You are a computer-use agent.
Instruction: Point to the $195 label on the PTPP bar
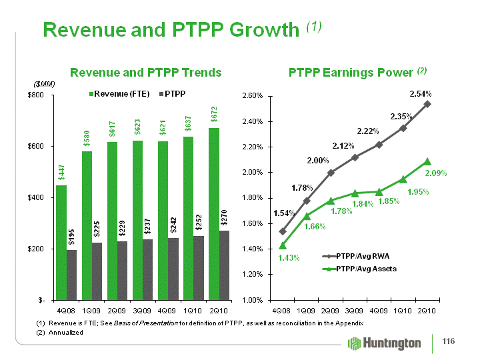coord(71,238)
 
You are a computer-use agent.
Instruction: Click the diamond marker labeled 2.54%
coord(427,104)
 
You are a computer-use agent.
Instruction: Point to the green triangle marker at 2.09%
coord(427,161)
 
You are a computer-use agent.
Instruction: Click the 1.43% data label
coord(271,257)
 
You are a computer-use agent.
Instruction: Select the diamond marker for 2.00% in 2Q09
coord(331,173)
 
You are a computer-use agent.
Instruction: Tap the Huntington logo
coord(385,343)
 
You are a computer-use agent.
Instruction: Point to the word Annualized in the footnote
coord(66,331)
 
